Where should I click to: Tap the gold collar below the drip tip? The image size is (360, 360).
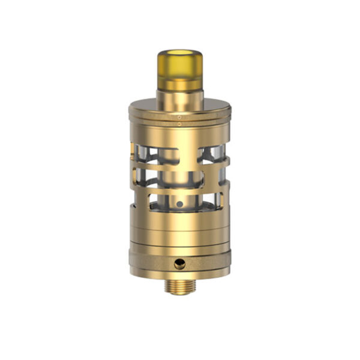point(179,97)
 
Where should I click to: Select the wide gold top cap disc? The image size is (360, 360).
point(179,109)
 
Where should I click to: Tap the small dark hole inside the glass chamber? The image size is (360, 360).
point(179,205)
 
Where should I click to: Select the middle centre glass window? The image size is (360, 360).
point(180,179)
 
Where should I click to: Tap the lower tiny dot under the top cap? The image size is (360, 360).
point(179,123)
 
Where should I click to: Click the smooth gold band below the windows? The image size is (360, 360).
point(179,225)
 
